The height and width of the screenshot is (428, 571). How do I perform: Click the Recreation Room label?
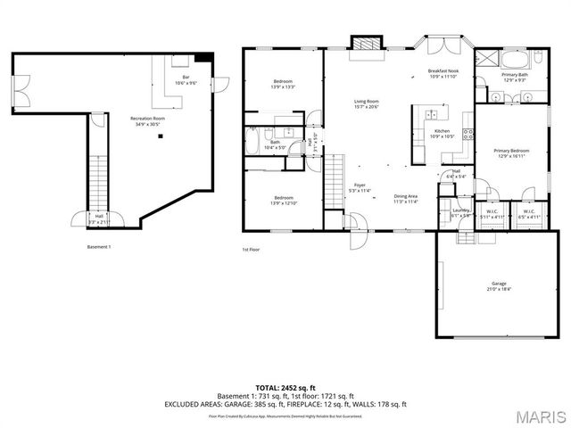point(148,119)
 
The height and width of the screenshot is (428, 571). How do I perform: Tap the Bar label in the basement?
point(186,79)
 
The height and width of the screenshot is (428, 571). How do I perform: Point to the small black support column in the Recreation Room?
point(161,137)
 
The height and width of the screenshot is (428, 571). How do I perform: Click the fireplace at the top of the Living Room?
point(364,45)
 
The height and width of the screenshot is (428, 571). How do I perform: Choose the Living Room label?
point(367,103)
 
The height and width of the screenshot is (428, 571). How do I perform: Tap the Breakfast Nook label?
point(443,73)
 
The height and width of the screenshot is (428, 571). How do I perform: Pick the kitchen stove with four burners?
point(468,138)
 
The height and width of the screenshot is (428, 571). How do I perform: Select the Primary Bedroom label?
point(512,153)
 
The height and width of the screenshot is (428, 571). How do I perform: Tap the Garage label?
point(498,285)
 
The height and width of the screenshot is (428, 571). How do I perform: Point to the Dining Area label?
point(407,198)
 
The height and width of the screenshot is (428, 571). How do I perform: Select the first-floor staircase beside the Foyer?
point(335,174)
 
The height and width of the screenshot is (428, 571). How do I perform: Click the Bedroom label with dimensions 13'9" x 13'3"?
point(284,84)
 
